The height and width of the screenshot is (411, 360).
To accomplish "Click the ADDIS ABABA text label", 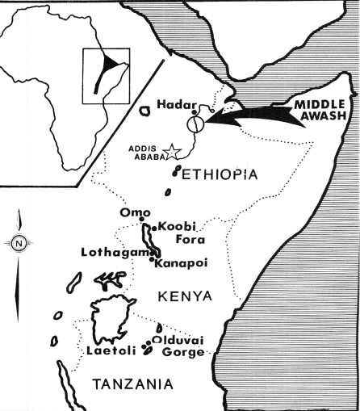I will (146, 152).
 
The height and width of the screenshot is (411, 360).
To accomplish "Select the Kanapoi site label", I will (178, 263).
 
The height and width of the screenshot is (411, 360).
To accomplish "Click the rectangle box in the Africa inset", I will (106, 75).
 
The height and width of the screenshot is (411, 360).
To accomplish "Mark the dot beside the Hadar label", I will (194, 112).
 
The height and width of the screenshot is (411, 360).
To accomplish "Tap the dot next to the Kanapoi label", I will (153, 259).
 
